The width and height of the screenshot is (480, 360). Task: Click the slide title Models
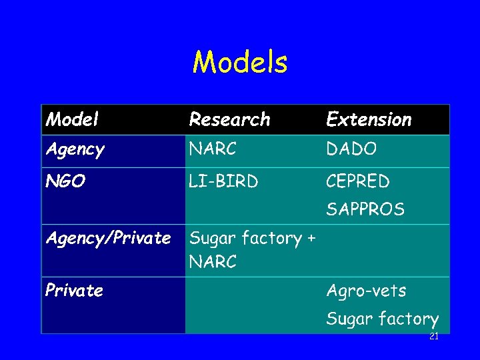(x=240, y=63)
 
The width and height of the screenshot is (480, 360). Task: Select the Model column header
(x=73, y=120)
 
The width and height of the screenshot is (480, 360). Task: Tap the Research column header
(x=229, y=120)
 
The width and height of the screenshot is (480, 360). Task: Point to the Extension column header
(x=369, y=120)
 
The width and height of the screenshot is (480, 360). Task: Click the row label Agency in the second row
(x=75, y=150)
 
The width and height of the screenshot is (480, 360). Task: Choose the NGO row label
(x=65, y=181)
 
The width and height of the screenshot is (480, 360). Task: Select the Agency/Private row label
(x=108, y=238)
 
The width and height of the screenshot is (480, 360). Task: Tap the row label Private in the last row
(x=74, y=291)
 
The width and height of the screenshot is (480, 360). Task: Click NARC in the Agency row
(x=213, y=150)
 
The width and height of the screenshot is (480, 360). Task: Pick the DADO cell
(x=351, y=150)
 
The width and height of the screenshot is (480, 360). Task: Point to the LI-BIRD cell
(x=224, y=181)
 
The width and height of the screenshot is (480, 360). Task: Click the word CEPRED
(x=358, y=181)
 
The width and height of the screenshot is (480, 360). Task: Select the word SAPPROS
(x=365, y=209)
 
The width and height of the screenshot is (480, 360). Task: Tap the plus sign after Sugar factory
(x=311, y=239)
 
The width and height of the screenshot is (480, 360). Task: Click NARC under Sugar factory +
(x=213, y=262)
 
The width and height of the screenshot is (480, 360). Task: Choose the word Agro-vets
(x=366, y=291)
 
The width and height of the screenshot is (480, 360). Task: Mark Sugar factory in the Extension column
(x=382, y=319)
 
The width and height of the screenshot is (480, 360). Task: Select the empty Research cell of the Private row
(x=252, y=305)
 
